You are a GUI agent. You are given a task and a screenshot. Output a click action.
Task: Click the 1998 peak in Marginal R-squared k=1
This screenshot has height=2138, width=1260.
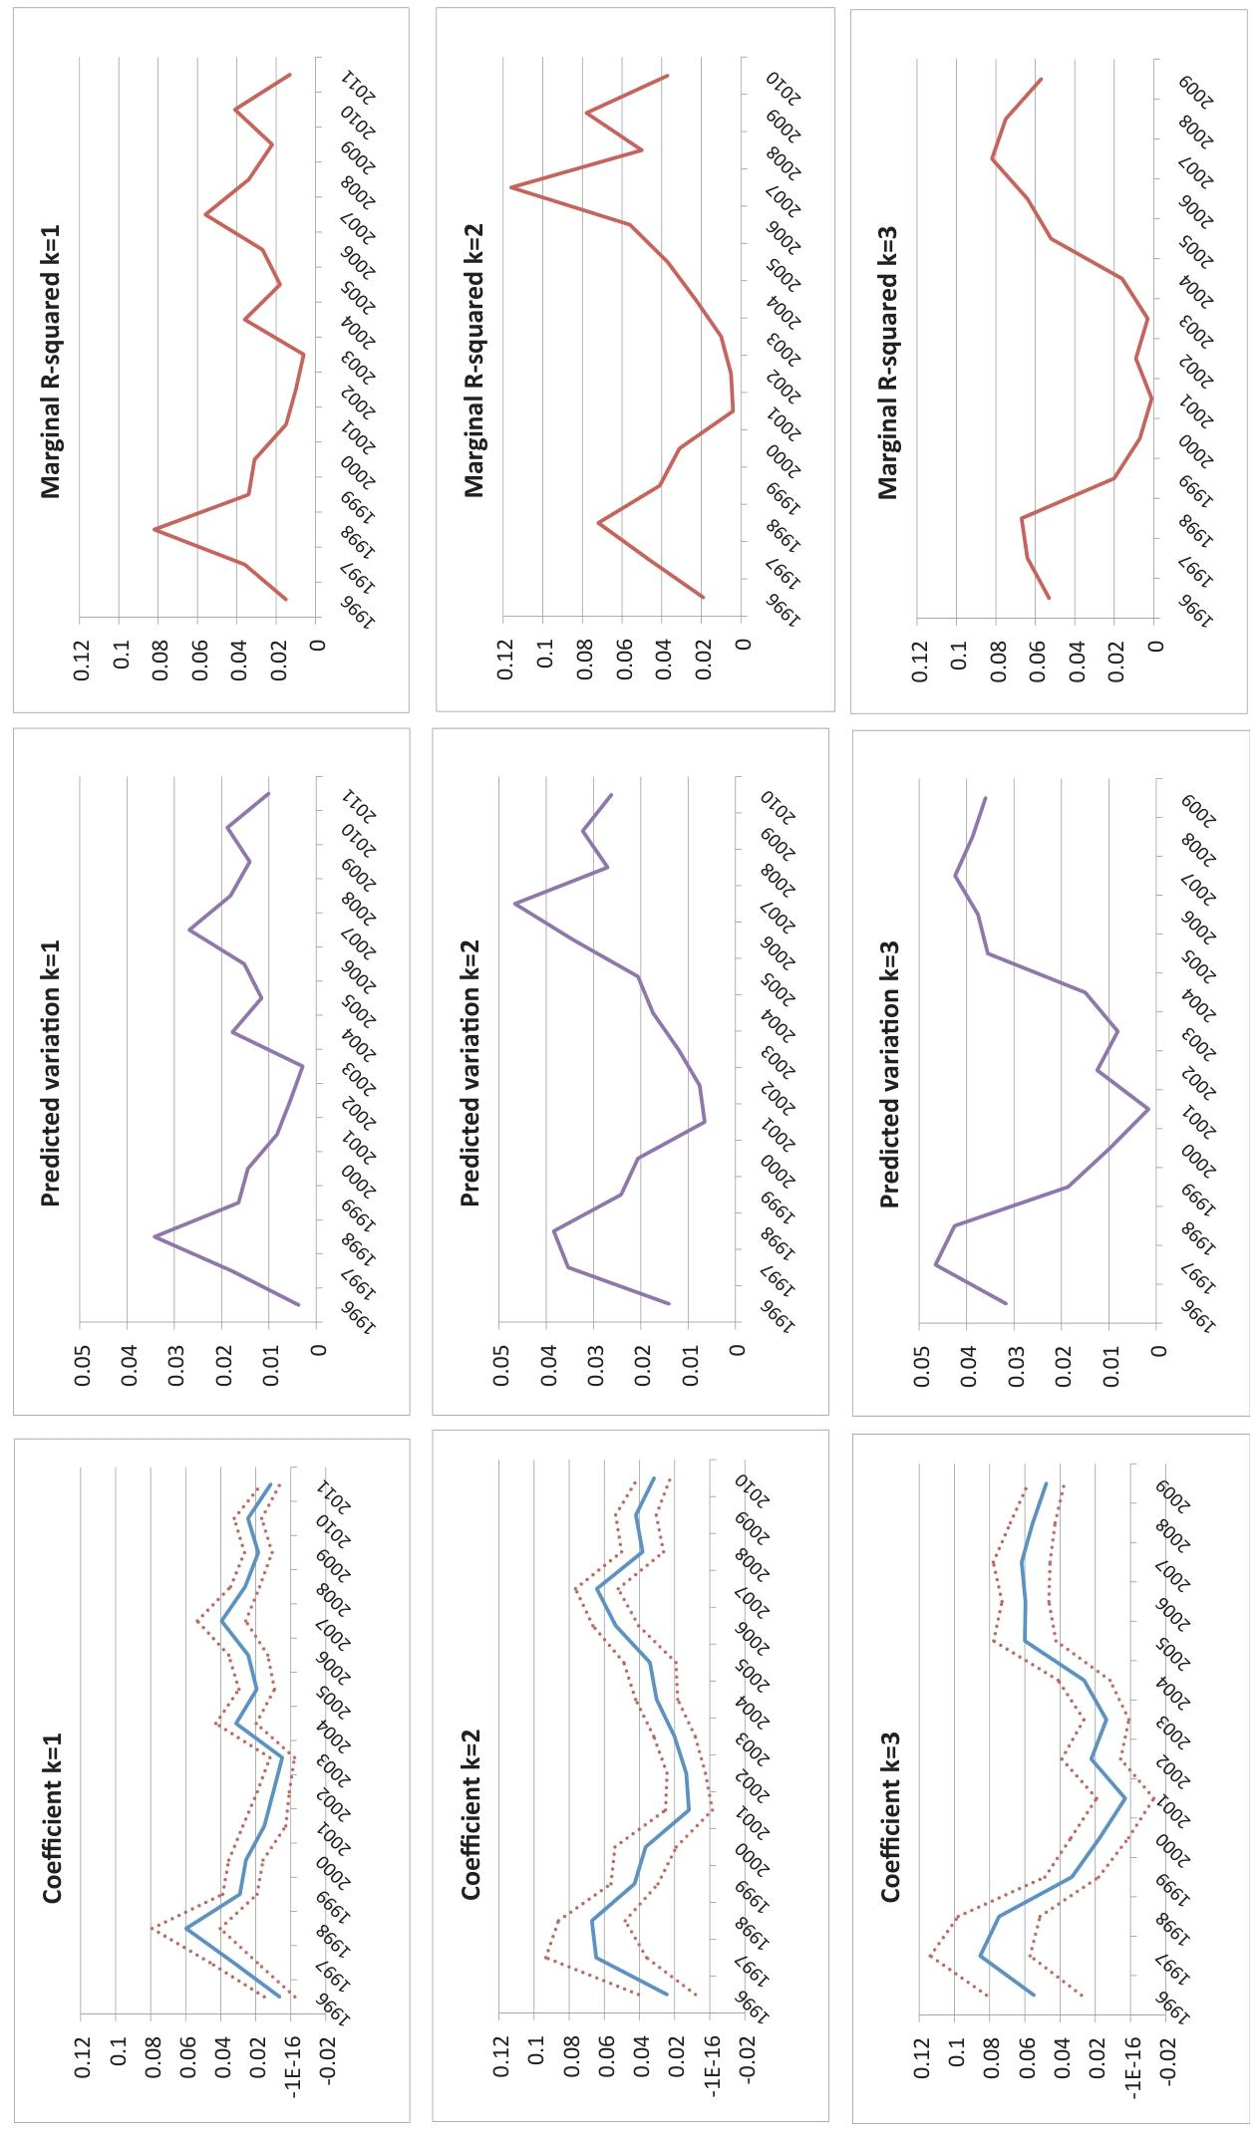(155, 529)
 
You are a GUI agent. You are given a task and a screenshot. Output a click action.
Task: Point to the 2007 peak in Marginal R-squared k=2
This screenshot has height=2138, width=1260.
(511, 186)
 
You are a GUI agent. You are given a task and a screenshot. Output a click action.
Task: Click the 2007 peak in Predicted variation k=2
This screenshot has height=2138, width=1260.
(514, 904)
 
